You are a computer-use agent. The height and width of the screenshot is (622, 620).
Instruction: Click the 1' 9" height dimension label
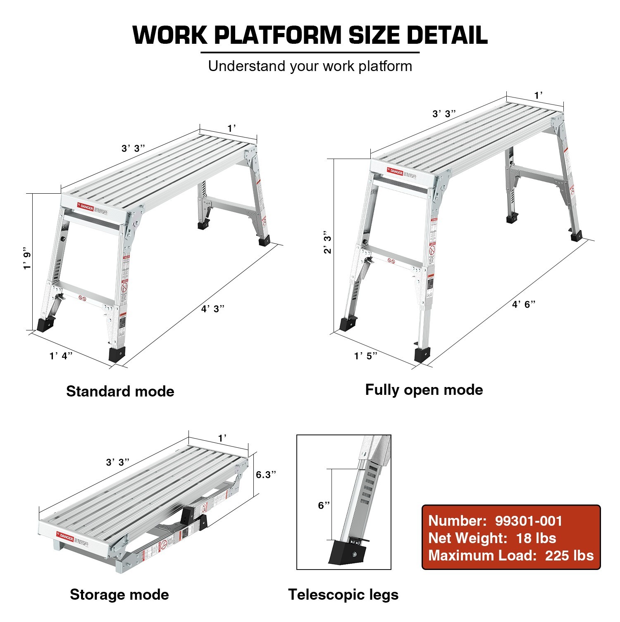click(27, 259)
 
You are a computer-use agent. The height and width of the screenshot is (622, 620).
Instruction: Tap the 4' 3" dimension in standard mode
click(213, 309)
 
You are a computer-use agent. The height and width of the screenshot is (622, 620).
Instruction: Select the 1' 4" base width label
click(61, 356)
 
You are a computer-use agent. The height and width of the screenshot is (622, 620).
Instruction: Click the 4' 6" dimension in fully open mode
click(524, 304)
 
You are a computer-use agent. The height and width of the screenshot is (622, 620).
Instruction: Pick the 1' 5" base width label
click(366, 356)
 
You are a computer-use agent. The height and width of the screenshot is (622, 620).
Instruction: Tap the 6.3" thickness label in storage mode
click(266, 475)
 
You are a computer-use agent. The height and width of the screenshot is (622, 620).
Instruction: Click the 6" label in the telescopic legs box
click(324, 505)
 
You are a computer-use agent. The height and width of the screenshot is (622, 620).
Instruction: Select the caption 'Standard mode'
click(120, 391)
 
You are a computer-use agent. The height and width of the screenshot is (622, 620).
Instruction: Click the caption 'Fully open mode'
click(424, 389)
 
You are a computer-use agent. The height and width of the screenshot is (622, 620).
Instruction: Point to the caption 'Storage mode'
click(119, 594)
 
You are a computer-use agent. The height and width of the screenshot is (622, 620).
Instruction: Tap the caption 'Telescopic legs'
click(343, 594)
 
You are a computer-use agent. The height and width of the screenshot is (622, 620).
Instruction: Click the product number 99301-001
click(529, 521)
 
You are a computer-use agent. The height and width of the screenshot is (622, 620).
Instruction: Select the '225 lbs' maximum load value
click(569, 556)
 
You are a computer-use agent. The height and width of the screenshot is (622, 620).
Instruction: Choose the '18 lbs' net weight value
click(536, 538)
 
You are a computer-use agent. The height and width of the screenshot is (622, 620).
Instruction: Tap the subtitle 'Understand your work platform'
click(310, 66)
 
